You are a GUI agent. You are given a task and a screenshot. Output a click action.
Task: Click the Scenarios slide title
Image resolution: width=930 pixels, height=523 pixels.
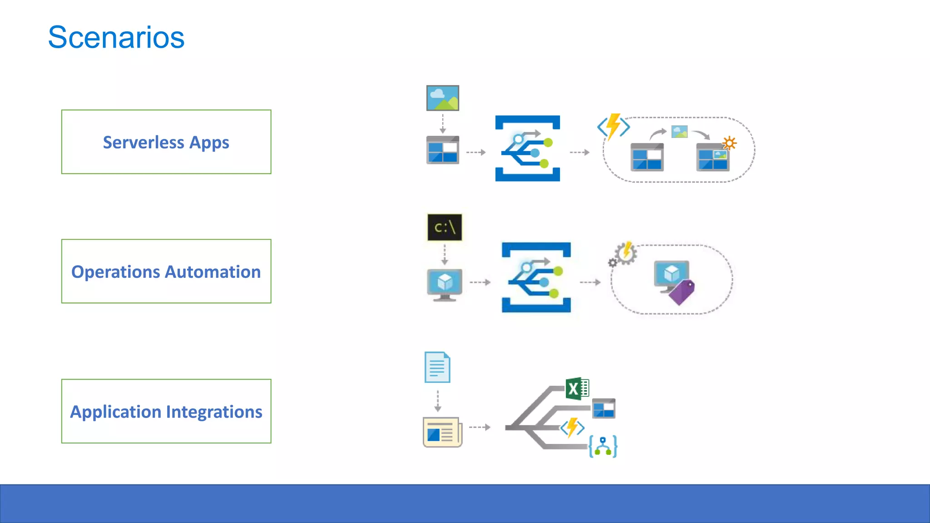[x=116, y=37]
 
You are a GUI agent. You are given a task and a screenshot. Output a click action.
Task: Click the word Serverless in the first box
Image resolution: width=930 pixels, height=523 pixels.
[x=143, y=143]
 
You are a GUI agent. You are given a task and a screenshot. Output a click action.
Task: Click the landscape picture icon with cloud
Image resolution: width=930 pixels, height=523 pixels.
[x=442, y=98]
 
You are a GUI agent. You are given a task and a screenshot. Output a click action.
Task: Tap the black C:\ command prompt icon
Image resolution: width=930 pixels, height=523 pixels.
[x=445, y=227]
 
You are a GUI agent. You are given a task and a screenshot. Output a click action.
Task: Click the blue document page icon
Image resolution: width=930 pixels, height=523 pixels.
[x=437, y=367]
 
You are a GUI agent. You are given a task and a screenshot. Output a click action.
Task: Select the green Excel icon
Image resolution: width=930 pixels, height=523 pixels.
[x=577, y=389]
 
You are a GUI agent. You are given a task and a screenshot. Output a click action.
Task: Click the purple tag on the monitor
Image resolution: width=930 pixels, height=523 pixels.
[x=682, y=292]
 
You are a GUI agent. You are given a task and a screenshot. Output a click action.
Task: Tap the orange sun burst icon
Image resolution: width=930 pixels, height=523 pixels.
[x=729, y=143]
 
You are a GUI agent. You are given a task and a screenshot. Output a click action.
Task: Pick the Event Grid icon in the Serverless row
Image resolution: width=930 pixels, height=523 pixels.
[x=527, y=148]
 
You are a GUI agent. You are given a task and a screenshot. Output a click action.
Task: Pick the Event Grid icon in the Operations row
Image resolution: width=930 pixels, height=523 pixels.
[x=536, y=277]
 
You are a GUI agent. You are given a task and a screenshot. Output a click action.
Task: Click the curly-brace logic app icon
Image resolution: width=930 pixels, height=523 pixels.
[x=603, y=446]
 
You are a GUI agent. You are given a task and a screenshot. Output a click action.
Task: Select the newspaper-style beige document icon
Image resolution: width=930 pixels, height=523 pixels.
[x=442, y=432]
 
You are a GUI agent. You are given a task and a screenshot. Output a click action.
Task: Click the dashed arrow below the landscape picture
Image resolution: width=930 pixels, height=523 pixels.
[x=443, y=123]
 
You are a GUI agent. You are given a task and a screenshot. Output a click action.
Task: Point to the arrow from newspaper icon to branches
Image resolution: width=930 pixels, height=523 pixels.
[x=480, y=427]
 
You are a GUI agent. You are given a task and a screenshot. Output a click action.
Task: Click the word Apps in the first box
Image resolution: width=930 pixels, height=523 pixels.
[x=209, y=143]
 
